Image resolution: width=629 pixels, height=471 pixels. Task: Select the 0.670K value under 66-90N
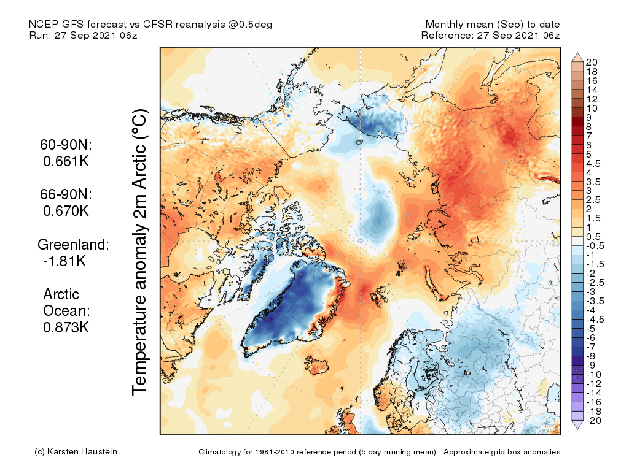66,210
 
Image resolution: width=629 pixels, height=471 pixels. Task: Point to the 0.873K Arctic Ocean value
66,327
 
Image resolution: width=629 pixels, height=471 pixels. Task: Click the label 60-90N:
64,145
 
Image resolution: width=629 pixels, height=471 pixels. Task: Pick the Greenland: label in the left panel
73,244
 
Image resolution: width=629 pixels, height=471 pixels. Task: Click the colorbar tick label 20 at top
592,62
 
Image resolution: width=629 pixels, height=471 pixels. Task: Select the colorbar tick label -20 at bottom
593,420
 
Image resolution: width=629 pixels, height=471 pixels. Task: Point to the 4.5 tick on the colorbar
594,163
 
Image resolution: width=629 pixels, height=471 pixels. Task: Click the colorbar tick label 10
592,108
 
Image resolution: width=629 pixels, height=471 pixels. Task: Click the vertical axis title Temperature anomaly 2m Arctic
141,251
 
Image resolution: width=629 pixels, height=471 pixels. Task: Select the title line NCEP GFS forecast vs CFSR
150,25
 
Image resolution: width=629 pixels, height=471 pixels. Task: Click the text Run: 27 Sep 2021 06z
83,36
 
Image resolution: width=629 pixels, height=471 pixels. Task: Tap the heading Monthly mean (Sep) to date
493,25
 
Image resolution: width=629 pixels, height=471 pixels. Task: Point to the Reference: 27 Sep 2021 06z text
490,36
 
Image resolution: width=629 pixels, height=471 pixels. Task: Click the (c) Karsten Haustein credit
76,452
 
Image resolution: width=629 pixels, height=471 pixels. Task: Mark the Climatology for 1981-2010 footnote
379,452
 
